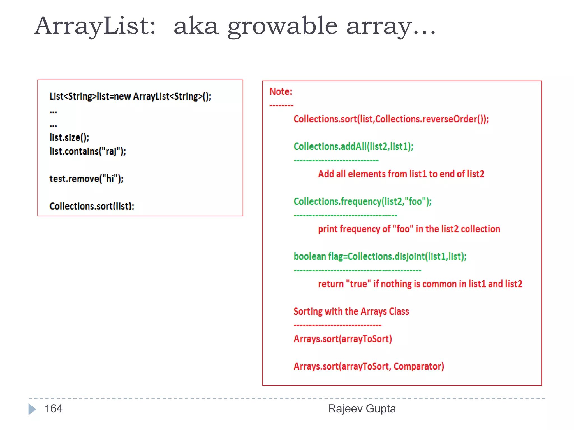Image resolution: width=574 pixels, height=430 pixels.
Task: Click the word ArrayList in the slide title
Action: [x=95, y=26]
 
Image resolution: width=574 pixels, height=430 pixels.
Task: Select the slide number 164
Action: [x=54, y=409]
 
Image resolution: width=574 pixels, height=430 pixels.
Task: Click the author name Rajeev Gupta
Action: [x=362, y=409]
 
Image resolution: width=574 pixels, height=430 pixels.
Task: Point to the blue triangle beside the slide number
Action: [x=32, y=409]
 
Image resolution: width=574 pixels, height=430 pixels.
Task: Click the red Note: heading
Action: [x=281, y=92]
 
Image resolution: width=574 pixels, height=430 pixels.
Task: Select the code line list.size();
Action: [x=69, y=137]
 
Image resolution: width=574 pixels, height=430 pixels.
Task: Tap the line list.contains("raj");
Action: [x=88, y=151]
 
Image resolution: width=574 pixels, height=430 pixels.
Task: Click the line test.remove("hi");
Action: [x=86, y=179]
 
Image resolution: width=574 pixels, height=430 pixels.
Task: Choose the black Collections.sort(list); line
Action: [x=92, y=206]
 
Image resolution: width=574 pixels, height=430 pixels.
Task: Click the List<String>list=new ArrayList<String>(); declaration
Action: [x=130, y=96]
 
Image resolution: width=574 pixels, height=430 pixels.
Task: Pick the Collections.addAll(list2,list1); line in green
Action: [x=353, y=146]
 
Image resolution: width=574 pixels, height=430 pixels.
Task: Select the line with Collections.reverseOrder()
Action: [x=391, y=119]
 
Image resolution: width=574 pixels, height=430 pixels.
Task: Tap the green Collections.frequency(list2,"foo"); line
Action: [x=362, y=201]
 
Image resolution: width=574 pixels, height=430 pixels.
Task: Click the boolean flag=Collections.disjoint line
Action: [x=380, y=256]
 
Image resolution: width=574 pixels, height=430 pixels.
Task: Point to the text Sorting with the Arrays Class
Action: [x=351, y=311]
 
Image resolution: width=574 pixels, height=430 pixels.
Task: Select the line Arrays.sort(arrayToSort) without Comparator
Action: [x=342, y=339]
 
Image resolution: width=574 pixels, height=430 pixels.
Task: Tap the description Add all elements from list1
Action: [x=401, y=174]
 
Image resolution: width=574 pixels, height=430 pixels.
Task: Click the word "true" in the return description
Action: [x=358, y=284]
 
